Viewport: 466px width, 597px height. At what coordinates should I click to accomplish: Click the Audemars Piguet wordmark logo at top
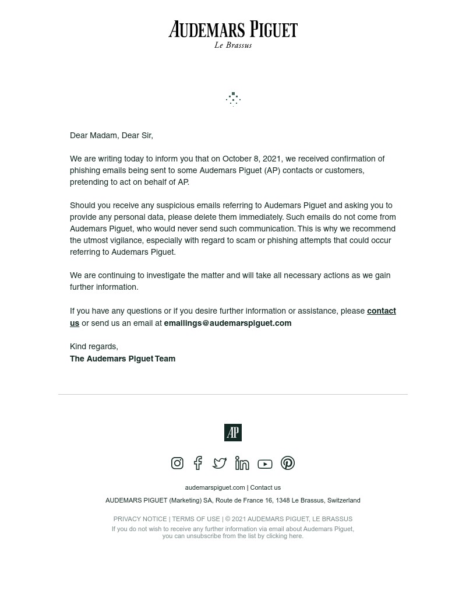233,30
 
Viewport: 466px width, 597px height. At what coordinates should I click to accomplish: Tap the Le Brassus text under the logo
233,45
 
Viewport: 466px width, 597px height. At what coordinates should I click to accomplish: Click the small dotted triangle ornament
233,99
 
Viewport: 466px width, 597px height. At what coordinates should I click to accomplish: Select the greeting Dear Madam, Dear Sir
111,135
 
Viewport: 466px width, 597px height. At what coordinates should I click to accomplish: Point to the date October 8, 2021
252,159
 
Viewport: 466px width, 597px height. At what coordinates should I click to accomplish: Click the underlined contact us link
381,311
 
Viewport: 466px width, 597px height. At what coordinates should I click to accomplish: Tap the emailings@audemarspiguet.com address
227,323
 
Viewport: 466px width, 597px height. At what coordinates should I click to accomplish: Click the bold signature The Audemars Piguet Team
122,359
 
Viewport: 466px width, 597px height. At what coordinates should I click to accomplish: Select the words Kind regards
94,346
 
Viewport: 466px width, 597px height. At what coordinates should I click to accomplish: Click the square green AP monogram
233,433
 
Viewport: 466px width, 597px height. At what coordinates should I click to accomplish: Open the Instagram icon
177,463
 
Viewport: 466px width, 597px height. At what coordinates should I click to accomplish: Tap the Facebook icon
198,463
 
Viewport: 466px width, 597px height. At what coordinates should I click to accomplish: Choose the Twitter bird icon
220,463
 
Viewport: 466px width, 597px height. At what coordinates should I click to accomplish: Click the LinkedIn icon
242,463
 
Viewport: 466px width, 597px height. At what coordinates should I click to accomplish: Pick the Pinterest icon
288,463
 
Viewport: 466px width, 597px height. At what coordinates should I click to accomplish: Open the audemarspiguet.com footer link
214,487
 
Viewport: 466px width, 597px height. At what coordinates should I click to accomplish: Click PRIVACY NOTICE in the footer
140,519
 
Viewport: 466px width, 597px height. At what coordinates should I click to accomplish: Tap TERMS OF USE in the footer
196,519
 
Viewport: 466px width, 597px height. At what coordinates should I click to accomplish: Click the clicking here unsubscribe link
284,536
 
